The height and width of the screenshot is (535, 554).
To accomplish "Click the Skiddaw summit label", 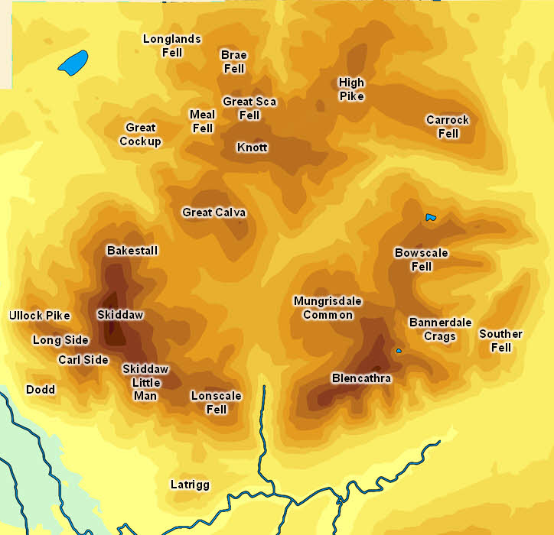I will pos(120,314).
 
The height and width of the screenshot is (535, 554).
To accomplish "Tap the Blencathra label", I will pos(361,378).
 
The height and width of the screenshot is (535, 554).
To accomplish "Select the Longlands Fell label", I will pos(172,46).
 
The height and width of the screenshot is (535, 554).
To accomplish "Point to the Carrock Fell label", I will pos(448,127).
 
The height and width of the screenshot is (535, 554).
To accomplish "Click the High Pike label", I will pos(352,89).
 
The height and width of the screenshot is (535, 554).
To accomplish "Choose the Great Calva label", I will pos(214,212).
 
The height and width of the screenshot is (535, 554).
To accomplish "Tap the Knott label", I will pos(253,147).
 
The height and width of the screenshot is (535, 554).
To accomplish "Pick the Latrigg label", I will pos(190,485).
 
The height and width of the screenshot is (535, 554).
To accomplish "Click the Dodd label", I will pos(41,389).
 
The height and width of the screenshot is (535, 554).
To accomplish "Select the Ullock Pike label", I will pos(40,316).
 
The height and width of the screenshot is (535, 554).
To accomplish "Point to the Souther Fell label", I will pos(500,341).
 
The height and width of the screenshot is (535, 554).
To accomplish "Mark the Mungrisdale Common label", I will pos(328,308).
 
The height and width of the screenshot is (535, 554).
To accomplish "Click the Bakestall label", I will pos(132,251).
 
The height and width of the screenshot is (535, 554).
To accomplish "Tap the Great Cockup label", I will pos(141,135).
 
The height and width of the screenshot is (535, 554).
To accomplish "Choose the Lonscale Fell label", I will pos(217,403).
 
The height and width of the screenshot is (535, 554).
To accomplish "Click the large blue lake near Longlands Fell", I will pos(73,63).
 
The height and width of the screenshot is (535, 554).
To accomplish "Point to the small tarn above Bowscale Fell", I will pos(431,218).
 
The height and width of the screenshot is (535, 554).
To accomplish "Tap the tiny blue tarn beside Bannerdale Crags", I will pos(399,351).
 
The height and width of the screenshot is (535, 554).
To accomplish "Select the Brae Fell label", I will pos(234,62).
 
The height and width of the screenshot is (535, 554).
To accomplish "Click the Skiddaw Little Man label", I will pos(145,382).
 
